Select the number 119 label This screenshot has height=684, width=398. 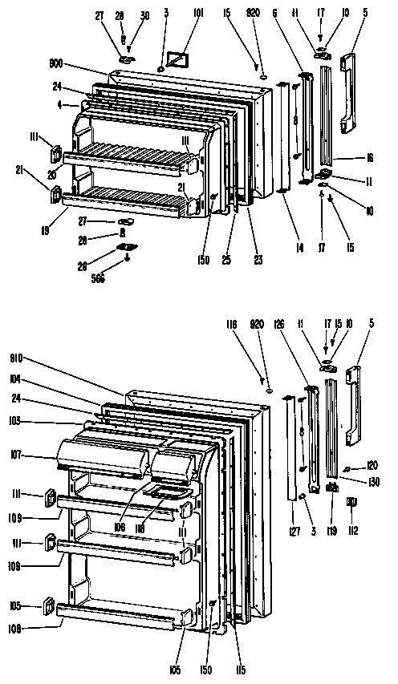pyautogui.click(x=331, y=530)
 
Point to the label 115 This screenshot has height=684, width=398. pyautogui.click(x=240, y=670)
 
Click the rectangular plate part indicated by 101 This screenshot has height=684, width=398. pyautogui.click(x=178, y=59)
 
